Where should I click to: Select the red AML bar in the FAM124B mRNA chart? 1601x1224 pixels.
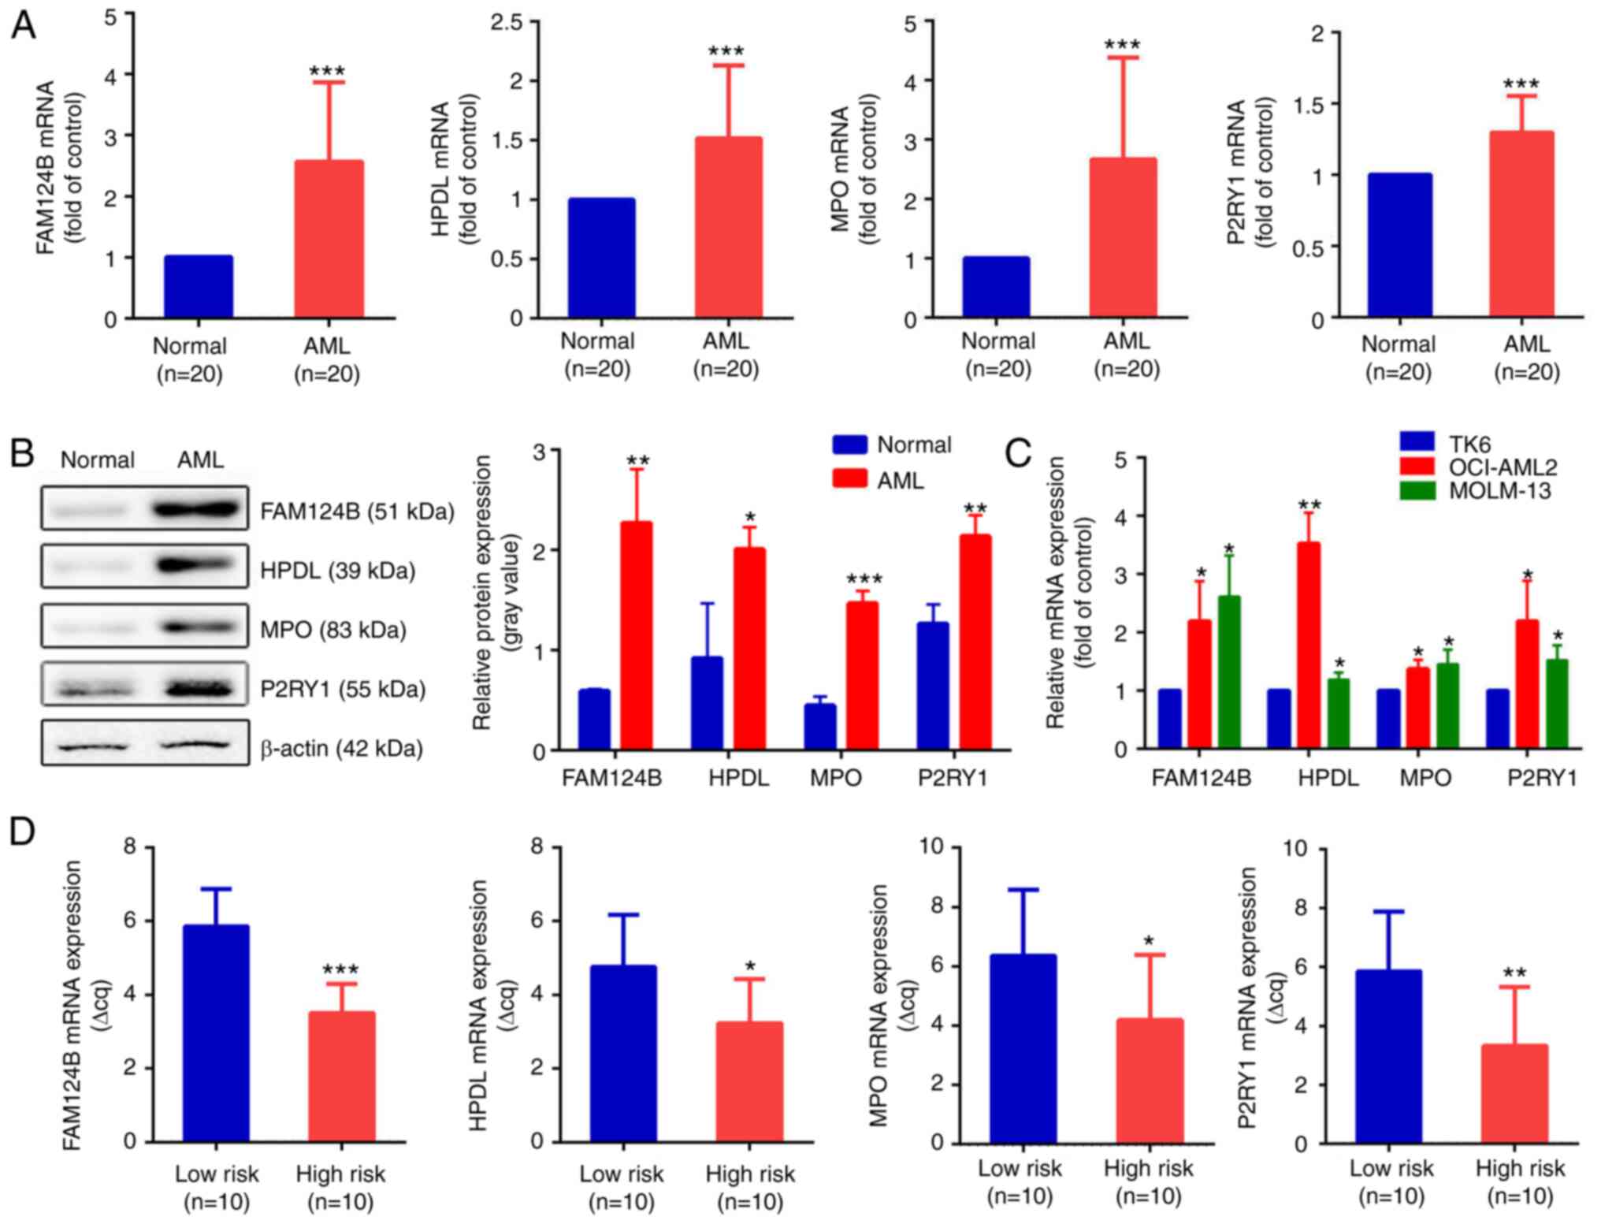[x=329, y=240]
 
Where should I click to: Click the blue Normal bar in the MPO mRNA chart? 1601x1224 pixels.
[x=996, y=288]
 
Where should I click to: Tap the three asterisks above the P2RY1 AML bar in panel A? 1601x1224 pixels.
[x=1521, y=84]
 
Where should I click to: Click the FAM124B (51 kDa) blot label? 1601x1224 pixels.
[x=358, y=512]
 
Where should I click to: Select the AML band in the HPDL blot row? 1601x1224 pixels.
[x=196, y=566]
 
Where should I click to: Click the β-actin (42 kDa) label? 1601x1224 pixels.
[x=341, y=748]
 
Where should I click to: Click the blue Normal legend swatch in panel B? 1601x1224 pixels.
[x=849, y=445]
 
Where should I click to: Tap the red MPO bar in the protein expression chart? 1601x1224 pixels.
[x=862, y=675]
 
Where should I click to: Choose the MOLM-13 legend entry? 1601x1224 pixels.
[x=1499, y=491]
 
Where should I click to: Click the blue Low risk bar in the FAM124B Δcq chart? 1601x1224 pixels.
[x=216, y=1033]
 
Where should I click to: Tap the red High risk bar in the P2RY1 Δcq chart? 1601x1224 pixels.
[x=1514, y=1093]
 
